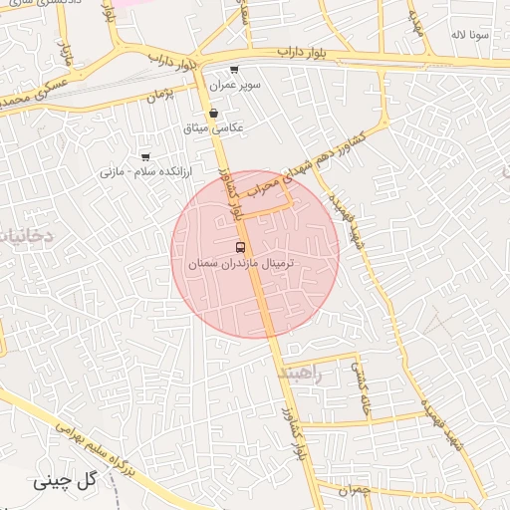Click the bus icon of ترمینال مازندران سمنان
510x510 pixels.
click(x=240, y=246)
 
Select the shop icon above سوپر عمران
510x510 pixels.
click(x=233, y=70)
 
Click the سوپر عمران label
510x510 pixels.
click(x=235, y=86)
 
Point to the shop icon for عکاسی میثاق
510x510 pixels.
click(x=214, y=114)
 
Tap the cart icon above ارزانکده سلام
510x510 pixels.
click(x=145, y=157)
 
